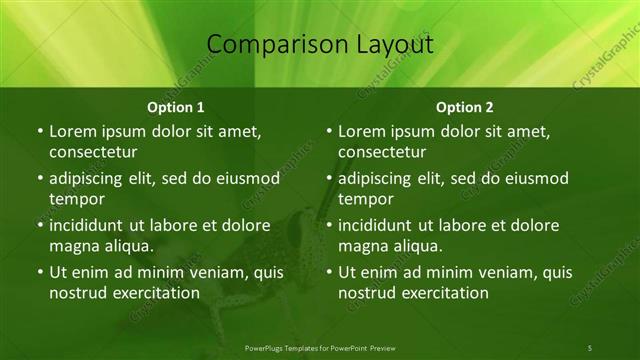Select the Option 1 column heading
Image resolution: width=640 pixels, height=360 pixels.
(x=176, y=106)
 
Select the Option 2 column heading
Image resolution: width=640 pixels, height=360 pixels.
(x=465, y=106)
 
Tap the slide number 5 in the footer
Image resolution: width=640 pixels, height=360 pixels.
(x=590, y=347)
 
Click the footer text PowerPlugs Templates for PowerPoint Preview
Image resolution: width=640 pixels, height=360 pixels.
(x=319, y=347)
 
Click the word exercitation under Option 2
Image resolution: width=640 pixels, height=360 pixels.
(x=441, y=293)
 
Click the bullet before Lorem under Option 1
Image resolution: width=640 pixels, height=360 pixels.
(x=39, y=131)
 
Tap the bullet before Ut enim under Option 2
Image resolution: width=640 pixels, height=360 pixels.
(x=329, y=272)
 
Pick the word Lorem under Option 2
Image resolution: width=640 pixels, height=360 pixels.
(x=362, y=131)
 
